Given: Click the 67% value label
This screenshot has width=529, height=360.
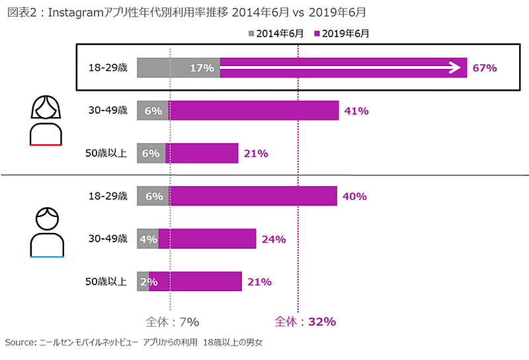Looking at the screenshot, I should click(483, 67).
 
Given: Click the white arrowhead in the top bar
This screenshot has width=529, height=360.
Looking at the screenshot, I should click(454, 67).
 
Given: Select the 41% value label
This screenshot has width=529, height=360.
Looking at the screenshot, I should click(356, 111).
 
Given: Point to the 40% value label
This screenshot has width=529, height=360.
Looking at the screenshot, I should click(354, 196).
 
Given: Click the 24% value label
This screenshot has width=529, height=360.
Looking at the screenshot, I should click(273, 239).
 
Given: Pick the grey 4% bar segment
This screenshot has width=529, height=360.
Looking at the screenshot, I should click(147, 239).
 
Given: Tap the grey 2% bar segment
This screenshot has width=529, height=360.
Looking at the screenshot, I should click(143, 282).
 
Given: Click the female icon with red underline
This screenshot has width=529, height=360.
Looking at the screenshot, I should click(46, 120).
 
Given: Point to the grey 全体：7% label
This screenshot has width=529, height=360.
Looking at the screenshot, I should click(172, 322).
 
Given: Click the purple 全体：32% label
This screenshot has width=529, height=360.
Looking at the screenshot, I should click(305, 322).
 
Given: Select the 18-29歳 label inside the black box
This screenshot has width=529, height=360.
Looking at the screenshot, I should click(108, 67).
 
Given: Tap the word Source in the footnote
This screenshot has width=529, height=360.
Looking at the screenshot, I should click(18, 343).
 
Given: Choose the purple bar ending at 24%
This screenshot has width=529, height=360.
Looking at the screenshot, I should click(207, 239).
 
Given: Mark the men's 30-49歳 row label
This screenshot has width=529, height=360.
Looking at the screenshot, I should click(108, 239).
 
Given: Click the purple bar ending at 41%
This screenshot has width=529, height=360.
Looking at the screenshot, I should click(255, 111).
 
